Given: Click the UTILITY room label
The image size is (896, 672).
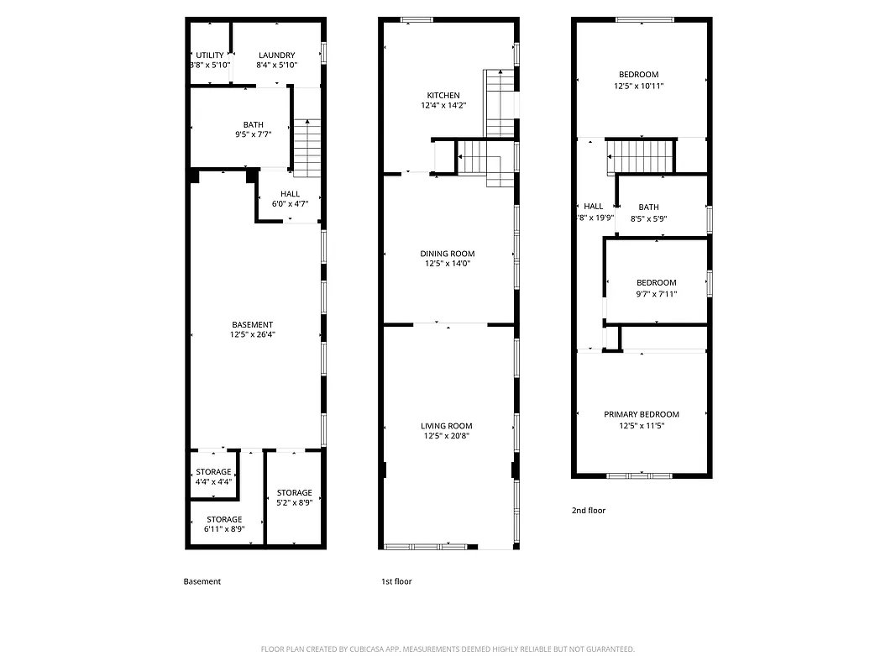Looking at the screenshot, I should click(210, 55).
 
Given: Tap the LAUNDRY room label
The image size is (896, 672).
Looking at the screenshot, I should click(276, 55).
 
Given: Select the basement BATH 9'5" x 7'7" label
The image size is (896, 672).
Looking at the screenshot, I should click(253, 124).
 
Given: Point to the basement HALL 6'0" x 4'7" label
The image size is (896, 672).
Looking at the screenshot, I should click(290, 194).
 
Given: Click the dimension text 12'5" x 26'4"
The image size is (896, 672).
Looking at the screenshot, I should click(253, 334).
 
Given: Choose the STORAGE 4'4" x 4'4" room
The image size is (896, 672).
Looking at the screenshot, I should click(213, 476).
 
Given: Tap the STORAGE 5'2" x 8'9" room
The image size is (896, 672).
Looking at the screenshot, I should click(294, 497).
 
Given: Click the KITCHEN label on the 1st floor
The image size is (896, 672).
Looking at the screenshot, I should click(443, 95).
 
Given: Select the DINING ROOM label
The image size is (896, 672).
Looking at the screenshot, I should click(448, 254).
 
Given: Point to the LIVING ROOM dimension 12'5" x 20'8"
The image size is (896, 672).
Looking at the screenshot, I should click(448, 436).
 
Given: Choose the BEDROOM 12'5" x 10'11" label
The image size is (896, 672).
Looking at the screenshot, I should click(638, 75).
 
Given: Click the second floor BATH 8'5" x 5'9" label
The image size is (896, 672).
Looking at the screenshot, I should click(648, 207).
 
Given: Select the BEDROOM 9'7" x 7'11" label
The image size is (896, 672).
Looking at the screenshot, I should click(656, 283).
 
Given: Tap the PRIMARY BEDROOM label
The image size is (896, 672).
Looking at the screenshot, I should click(642, 414).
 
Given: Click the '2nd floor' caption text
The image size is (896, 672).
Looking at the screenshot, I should click(588, 510).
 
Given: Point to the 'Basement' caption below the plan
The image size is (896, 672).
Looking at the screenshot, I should click(202, 581).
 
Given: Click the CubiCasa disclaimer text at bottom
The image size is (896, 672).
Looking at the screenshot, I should click(448, 648).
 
